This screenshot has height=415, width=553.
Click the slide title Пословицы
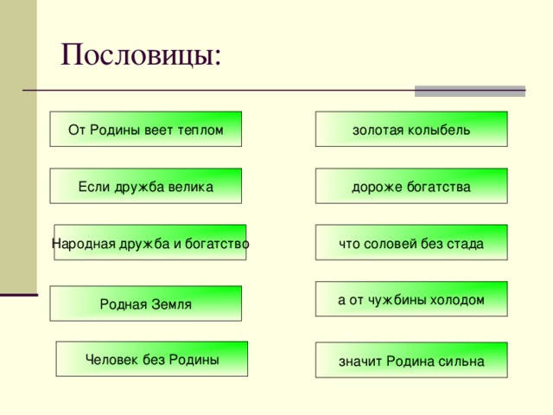click(141, 55)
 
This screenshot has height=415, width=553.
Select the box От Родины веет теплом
click(145, 130)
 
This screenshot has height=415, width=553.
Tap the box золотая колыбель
click(411, 130)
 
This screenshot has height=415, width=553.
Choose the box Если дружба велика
click(145, 187)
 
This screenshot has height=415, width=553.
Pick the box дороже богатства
click(411, 187)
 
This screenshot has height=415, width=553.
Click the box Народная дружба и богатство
click(150, 243)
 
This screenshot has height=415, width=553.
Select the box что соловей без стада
click(411, 243)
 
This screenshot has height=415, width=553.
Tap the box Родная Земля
click(145, 303)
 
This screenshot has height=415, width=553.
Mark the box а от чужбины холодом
click(411, 299)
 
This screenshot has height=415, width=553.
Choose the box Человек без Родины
click(152, 360)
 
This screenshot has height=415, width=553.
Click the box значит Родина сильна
click(411, 361)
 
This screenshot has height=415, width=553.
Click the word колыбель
click(441, 130)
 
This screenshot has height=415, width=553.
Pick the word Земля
click(169, 303)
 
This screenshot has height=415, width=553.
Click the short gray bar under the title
click(469, 91)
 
